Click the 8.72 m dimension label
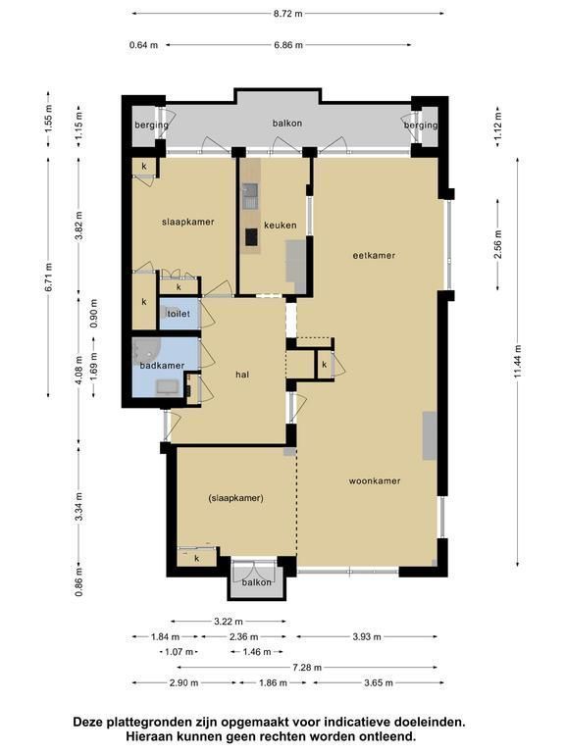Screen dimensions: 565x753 click(x=288, y=14)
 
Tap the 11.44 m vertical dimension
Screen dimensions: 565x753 click(x=518, y=361)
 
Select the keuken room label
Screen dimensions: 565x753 click(x=281, y=225)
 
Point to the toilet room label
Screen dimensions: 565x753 click(x=179, y=314)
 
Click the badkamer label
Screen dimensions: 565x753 click(x=162, y=366)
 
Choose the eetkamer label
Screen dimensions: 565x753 click(x=374, y=256)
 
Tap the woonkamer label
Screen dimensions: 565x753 click(x=375, y=480)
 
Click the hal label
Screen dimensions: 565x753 click(x=242, y=375)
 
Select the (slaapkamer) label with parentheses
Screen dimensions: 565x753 click(x=235, y=498)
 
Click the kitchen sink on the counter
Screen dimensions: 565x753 click(x=250, y=197)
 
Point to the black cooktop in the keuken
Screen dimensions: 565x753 click(x=251, y=236)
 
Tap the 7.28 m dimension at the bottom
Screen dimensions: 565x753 click(x=307, y=667)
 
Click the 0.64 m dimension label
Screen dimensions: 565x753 click(x=143, y=45)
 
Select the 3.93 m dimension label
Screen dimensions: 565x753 click(x=367, y=636)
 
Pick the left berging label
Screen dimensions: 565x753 click(x=151, y=125)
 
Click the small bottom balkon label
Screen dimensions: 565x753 click(x=257, y=582)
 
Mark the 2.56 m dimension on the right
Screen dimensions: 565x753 click(x=497, y=244)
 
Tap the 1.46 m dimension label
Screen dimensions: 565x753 click(x=257, y=652)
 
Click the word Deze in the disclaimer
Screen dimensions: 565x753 click(x=88, y=722)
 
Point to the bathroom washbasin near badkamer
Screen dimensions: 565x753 click(x=167, y=386)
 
